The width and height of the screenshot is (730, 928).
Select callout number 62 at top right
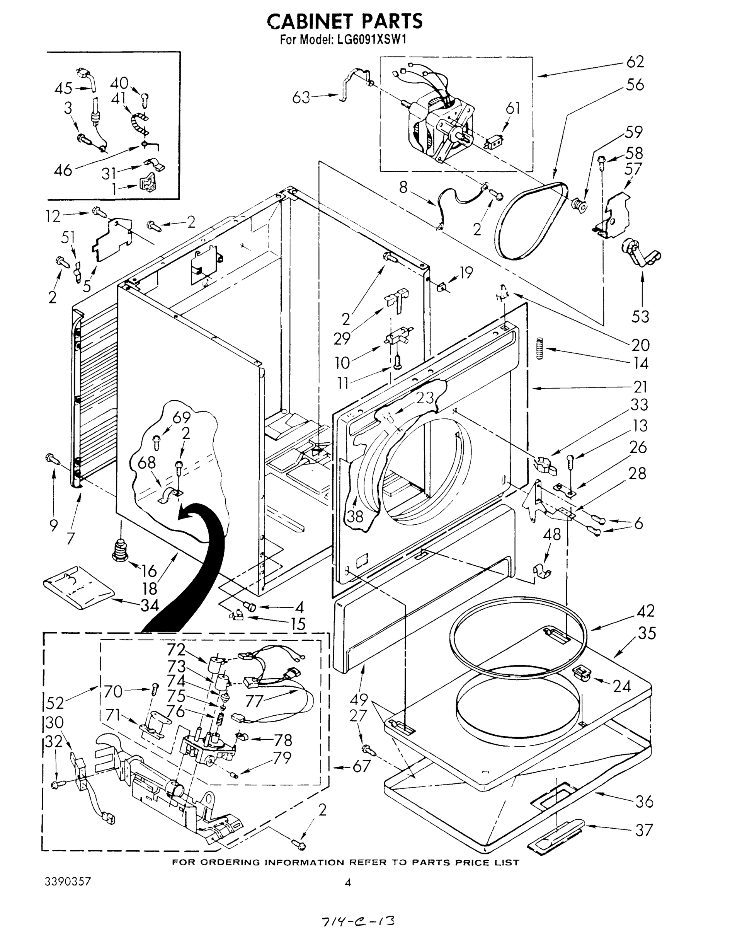click(x=635, y=62)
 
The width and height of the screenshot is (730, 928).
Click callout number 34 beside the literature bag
click(x=149, y=605)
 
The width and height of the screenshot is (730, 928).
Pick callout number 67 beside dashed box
click(x=361, y=766)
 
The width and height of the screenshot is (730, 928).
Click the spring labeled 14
click(x=541, y=348)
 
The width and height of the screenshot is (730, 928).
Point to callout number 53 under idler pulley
click(x=640, y=316)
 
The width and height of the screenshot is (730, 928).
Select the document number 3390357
click(x=68, y=882)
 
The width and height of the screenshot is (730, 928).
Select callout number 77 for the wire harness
click(x=254, y=701)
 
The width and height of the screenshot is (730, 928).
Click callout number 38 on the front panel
click(x=355, y=516)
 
